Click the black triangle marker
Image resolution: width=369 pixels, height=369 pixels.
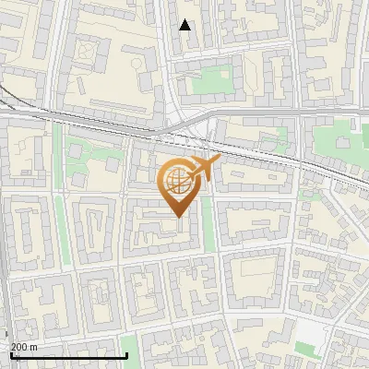pyautogui.click(x=185, y=25)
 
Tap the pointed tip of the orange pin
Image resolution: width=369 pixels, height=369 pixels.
pyautogui.click(x=177, y=216)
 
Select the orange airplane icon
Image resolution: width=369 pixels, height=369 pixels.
pyautogui.click(x=204, y=169)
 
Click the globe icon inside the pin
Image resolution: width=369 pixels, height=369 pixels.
pyautogui.click(x=177, y=181)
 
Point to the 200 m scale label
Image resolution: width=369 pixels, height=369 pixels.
pyautogui.click(x=24, y=347)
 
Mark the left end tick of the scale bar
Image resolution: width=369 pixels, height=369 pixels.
pyautogui.click(x=10, y=354)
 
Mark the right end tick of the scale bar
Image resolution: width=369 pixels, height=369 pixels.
pyautogui.click(x=126, y=354)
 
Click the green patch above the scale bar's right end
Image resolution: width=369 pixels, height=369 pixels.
pyautogui.click(x=129, y=345)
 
